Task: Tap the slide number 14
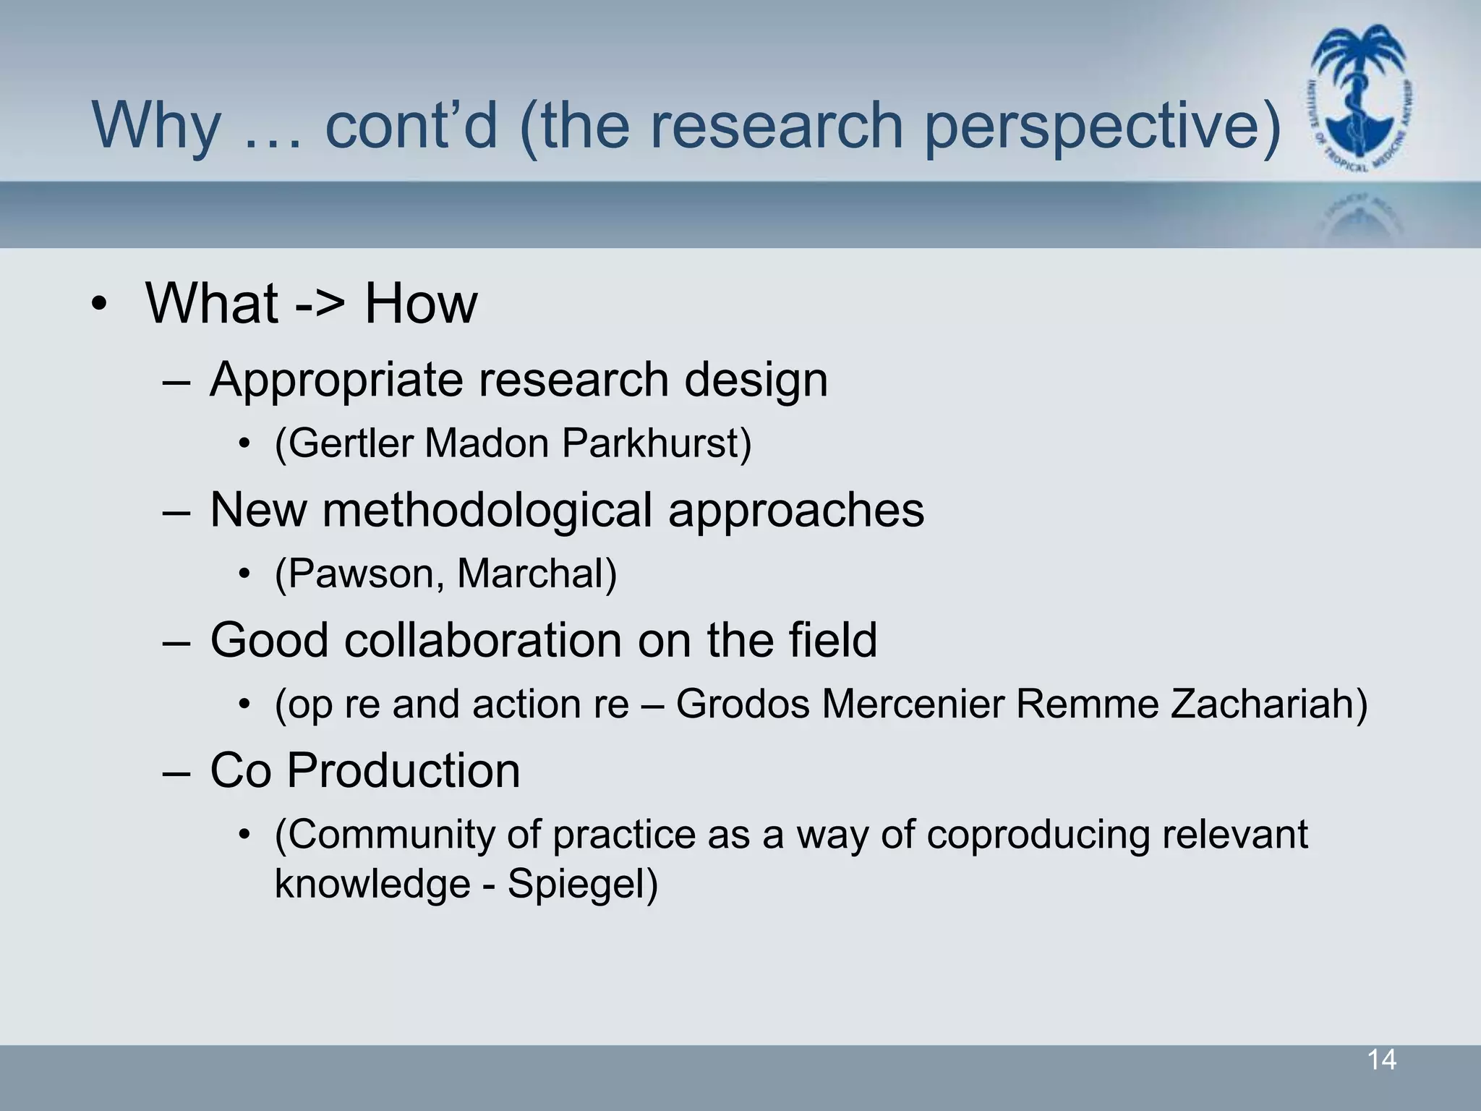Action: [1381, 1060]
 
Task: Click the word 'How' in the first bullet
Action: [421, 303]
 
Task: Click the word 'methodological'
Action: [487, 510]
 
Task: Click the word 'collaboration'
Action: [483, 640]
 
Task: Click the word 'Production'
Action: [404, 770]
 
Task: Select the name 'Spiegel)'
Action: [582, 885]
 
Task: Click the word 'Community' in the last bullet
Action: [383, 835]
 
